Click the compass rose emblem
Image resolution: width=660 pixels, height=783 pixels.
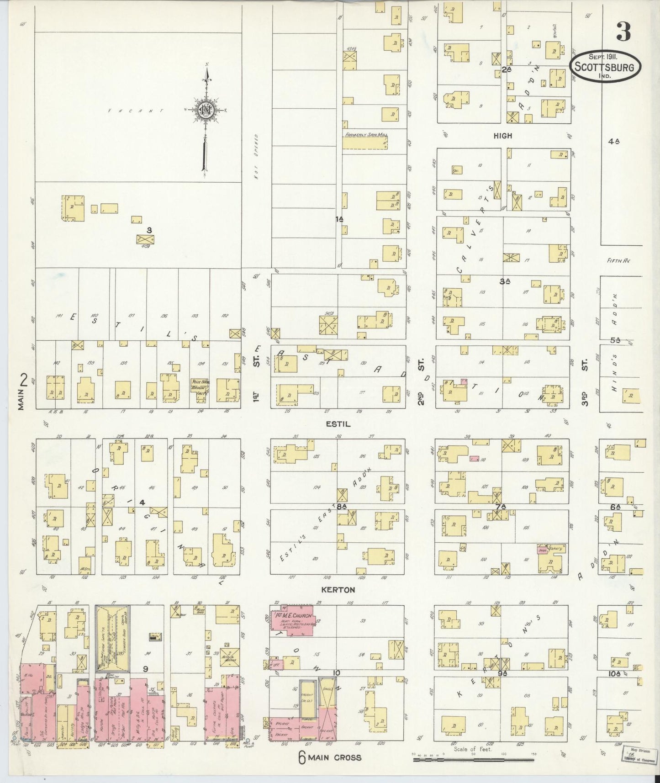coord(205,110)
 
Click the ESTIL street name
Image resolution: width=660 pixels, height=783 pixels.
coord(338,424)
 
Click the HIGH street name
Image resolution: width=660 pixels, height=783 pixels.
coord(503,136)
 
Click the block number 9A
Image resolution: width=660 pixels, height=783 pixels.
coord(503,673)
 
